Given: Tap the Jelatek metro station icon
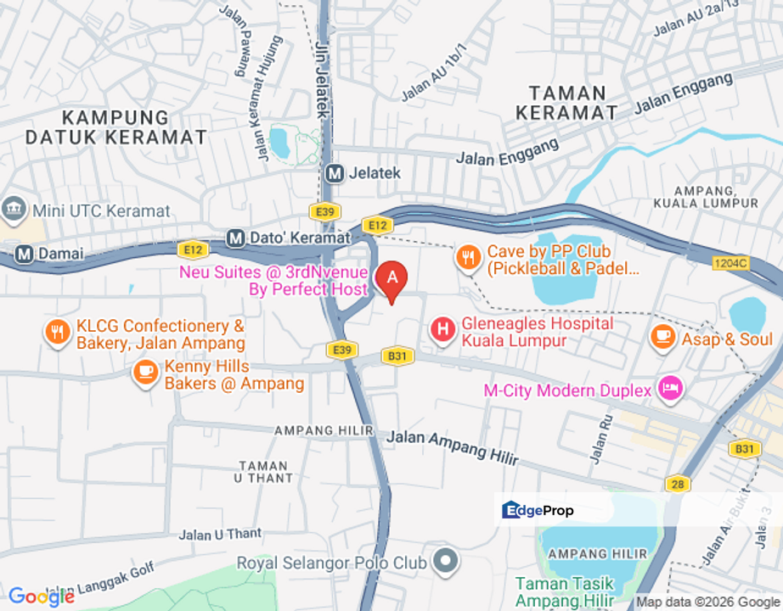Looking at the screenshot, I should click(335, 173).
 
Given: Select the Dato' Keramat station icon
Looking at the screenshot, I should click(236, 238).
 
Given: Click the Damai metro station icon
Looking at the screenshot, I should click(24, 253).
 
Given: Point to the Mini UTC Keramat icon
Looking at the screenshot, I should click(14, 208).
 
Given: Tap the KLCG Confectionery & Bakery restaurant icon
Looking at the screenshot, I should click(58, 333).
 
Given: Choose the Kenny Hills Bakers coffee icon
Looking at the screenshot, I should click(146, 372).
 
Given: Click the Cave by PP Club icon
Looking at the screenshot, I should click(468, 258).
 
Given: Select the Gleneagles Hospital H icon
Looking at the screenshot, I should click(442, 330).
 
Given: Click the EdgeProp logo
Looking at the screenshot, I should click(538, 510).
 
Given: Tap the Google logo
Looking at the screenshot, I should click(41, 597).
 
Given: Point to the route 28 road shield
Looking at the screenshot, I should click(676, 483).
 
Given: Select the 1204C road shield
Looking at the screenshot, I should click(731, 264).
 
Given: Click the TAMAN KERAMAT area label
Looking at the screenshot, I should click(567, 103).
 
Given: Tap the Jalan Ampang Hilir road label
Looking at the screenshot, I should click(453, 446).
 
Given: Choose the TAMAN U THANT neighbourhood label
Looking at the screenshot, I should click(265, 472).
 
